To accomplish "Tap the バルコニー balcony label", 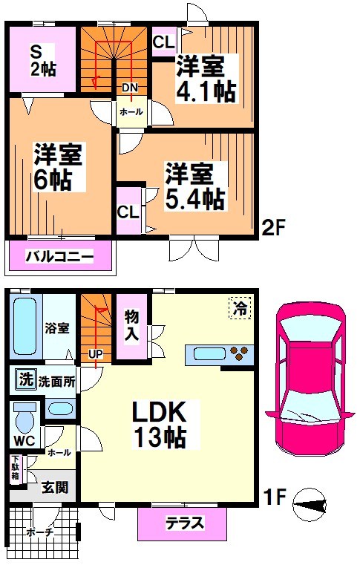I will click(59, 258).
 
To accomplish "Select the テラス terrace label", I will click(182, 522).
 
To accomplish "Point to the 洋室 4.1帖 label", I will click(206, 80).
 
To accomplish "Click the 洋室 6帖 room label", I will click(57, 167).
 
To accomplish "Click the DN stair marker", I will click(129, 88).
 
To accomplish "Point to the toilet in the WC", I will click(24, 417).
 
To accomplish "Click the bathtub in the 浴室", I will click(24, 327).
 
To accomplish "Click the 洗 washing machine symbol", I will click(24, 381).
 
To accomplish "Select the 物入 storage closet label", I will click(131, 326).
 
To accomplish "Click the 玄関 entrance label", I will click(55, 487).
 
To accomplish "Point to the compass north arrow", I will click(311, 506).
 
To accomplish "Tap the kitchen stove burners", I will click(239, 353).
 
